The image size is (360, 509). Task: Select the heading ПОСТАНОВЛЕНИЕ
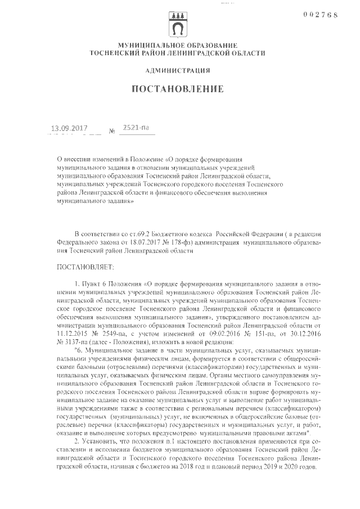click(178, 89)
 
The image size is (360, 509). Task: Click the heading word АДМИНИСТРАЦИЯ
click(178, 70)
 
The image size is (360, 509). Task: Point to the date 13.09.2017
click(70, 129)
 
